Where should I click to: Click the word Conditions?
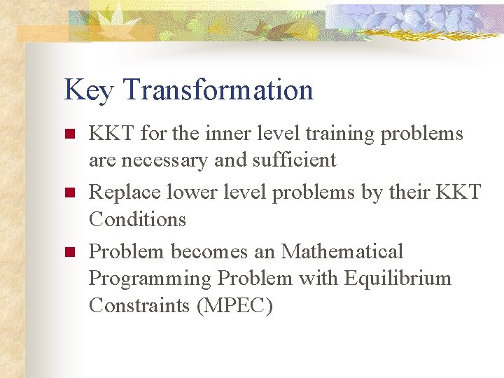137,219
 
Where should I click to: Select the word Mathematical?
342,251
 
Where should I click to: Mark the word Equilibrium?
399,278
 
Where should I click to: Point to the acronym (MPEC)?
234,306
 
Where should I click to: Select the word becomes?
209,251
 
